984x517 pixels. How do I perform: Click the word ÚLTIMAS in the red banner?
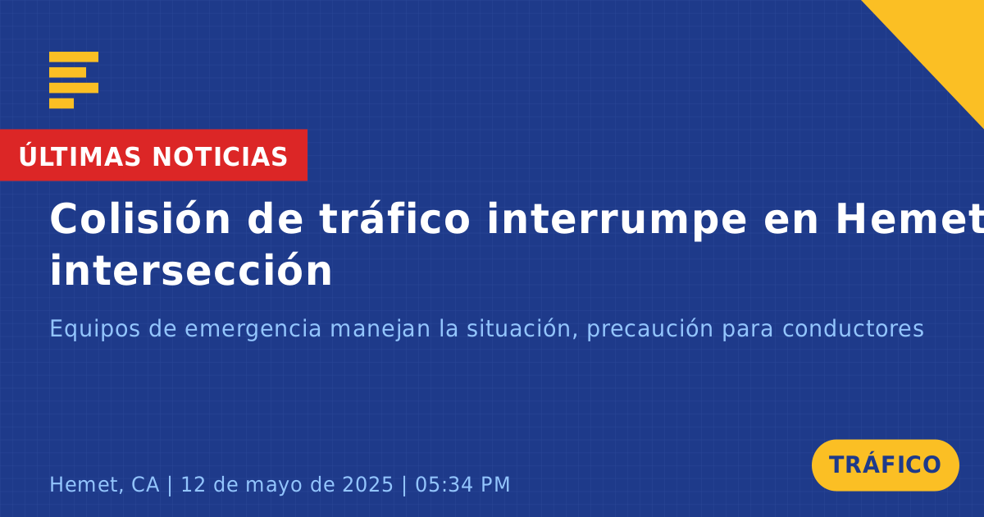coord(80,156)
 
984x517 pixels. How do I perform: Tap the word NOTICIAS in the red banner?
coord(220,157)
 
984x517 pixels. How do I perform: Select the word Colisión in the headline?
coord(139,218)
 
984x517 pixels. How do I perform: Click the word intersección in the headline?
coord(191,270)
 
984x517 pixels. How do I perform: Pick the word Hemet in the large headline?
coord(909,219)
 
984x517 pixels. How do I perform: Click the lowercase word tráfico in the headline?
coord(394,218)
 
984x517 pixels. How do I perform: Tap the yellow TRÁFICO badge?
coord(885,464)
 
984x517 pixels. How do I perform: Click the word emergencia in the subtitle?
coord(253,329)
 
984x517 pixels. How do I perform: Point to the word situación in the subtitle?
coord(522,328)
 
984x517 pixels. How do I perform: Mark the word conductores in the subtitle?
coord(853,328)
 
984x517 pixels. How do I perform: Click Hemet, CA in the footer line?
coord(104,484)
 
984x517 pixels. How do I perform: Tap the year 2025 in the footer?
coord(367,484)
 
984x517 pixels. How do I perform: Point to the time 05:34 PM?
coord(462,484)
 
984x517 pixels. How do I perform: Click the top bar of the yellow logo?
coord(74,57)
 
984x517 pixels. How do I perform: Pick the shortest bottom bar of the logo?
coord(61,103)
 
